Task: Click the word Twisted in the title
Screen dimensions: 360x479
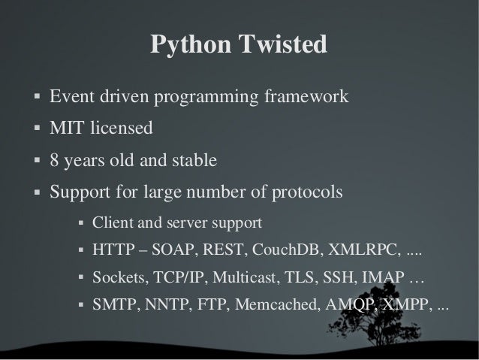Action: [283, 45]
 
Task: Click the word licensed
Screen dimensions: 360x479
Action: [120, 129]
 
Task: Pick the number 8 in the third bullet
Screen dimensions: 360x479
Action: [55, 161]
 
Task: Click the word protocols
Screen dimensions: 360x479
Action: [307, 193]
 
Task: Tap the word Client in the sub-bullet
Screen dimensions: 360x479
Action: [110, 223]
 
